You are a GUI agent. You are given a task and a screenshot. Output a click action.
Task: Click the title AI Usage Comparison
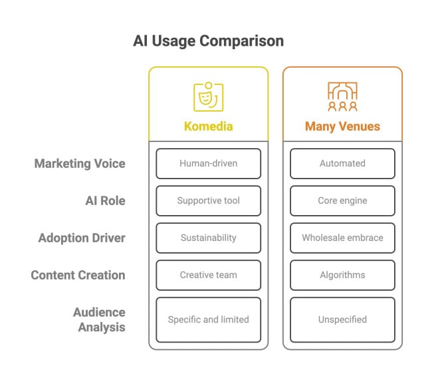pyautogui.click(x=209, y=41)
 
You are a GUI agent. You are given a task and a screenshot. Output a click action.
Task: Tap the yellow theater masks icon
pyautogui.click(x=208, y=97)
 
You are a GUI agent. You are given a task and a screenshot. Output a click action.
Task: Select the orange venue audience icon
pyautogui.click(x=342, y=97)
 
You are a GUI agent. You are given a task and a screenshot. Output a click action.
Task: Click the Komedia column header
pyautogui.click(x=208, y=126)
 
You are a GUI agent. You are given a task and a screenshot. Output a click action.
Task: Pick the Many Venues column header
pyautogui.click(x=342, y=126)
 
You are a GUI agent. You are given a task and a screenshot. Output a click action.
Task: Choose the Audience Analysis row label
pyautogui.click(x=100, y=319)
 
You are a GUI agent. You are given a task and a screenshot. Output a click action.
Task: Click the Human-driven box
pyautogui.click(x=208, y=163)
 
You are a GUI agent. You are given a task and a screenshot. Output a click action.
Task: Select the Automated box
pyautogui.click(x=342, y=163)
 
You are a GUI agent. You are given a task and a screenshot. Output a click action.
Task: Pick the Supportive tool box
pyautogui.click(x=208, y=200)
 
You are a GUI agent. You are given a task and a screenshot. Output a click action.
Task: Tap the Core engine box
pyautogui.click(x=342, y=200)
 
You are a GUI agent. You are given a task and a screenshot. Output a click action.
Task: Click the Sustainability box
pyautogui.click(x=208, y=238)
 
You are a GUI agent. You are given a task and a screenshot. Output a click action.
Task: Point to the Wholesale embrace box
pyautogui.click(x=342, y=238)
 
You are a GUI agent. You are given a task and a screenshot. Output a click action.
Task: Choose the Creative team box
pyautogui.click(x=208, y=275)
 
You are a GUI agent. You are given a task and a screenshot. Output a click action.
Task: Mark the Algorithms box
pyautogui.click(x=342, y=275)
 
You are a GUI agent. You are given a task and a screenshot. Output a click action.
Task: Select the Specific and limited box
pyautogui.click(x=208, y=319)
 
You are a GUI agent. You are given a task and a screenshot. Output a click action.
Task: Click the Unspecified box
pyautogui.click(x=342, y=319)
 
